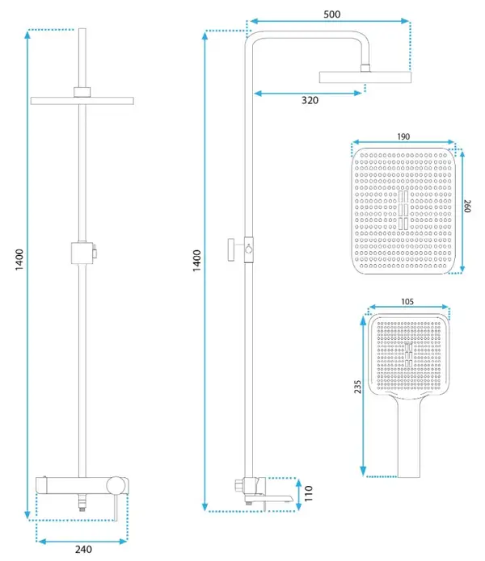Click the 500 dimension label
331,15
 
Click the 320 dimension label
310,100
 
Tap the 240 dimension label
83,549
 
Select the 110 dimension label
309,493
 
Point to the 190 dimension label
403,136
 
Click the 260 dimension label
467,206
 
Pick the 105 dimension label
407,302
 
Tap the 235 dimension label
357,387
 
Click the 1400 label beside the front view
19,260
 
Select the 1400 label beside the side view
196,261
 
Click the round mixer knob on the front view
116,485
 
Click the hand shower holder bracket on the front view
83,253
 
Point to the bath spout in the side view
268,498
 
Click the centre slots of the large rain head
403,210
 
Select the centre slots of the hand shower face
408,354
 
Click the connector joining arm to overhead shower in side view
365,69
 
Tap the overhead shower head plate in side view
365,77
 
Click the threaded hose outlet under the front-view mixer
82,501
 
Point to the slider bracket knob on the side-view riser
231,249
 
